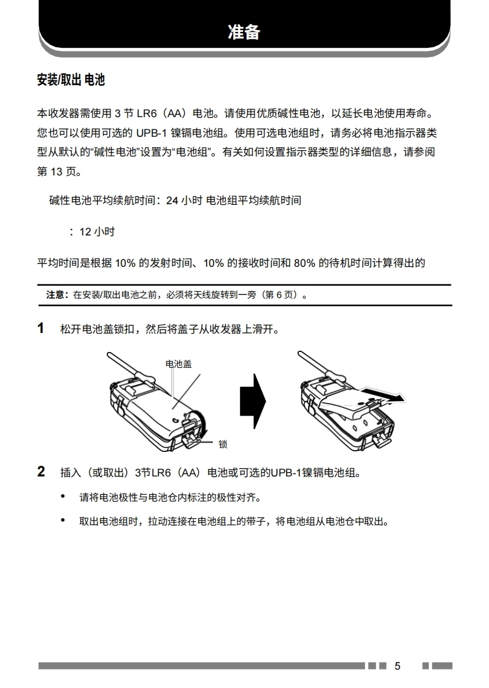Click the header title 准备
244,32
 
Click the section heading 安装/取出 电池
71,80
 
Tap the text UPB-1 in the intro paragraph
152,133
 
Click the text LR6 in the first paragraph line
147,113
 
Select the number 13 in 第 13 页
56,172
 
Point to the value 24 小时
184,201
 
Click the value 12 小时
97,232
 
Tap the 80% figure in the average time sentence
305,263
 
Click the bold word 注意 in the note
55,295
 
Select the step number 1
41,328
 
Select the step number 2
41,472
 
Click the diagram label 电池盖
178,364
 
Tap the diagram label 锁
223,444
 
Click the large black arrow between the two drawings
253,401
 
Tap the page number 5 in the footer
397,666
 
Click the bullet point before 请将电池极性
63,497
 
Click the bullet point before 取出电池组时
63,521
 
